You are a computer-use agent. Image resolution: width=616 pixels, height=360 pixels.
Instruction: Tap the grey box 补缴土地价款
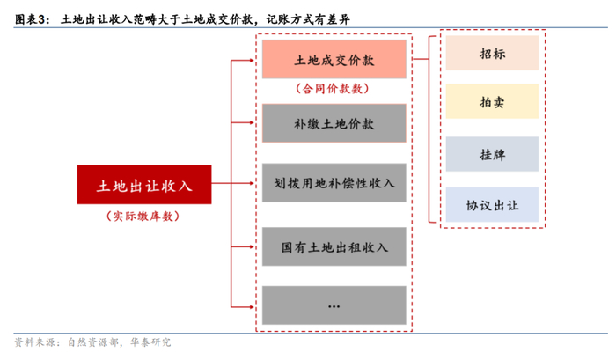point(334,122)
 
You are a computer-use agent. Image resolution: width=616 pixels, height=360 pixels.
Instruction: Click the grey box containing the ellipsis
point(334,305)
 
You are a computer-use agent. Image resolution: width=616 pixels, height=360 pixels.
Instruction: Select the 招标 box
point(492,54)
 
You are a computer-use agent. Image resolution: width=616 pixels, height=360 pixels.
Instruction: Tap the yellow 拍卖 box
point(492,102)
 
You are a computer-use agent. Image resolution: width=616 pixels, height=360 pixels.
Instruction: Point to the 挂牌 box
point(492,155)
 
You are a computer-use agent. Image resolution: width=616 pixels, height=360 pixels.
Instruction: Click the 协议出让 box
point(492,205)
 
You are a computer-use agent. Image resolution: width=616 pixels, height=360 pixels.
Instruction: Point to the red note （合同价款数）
point(334,88)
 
